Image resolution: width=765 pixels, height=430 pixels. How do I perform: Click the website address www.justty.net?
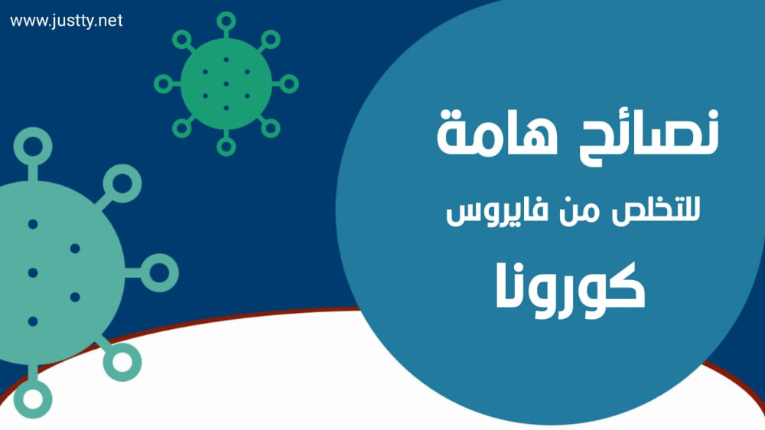tap(66, 21)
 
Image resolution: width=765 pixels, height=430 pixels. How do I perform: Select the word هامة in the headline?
tap(497, 132)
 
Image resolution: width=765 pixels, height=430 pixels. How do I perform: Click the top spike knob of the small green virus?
tap(226, 21)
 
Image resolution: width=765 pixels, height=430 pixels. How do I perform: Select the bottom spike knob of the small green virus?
tap(226, 146)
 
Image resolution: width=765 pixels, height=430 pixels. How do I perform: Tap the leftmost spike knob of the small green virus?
tap(164, 84)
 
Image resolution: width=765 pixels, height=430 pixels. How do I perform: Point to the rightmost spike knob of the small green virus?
tap(289, 84)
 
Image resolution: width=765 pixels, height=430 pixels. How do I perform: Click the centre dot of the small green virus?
tap(226, 84)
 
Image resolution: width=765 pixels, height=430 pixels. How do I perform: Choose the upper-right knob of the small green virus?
tap(270, 40)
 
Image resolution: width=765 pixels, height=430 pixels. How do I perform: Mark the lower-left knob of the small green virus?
tap(182, 128)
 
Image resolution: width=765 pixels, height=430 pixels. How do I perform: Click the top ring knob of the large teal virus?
tap(33, 146)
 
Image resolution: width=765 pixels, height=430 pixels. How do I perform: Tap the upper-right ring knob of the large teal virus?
tap(122, 184)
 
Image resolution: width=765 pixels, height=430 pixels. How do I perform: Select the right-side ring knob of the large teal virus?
tap(159, 273)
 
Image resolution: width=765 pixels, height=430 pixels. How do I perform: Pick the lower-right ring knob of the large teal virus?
tap(122, 362)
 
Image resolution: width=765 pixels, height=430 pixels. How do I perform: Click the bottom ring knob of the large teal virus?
tap(33, 399)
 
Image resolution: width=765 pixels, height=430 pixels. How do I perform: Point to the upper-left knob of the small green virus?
tap(182, 40)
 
